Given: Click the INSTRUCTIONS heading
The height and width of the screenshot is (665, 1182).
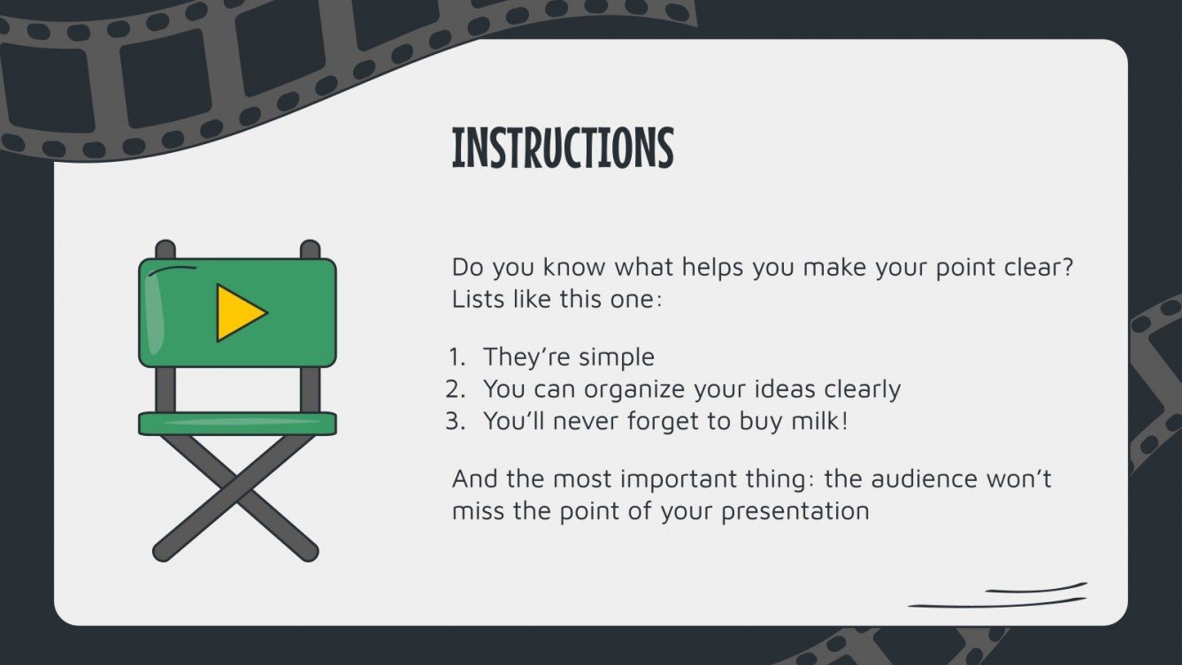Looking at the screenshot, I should (x=563, y=149).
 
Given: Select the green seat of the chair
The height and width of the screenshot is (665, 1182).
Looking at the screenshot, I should (x=237, y=424).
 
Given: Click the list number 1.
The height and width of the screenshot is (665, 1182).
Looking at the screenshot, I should (x=456, y=357).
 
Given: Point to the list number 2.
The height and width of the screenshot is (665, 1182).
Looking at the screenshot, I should (x=455, y=389).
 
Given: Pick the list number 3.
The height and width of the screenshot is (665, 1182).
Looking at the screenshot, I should (x=455, y=421).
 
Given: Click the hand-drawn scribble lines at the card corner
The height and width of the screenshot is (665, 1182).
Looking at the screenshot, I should (x=998, y=596).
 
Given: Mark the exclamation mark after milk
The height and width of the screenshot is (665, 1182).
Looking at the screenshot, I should (x=844, y=421).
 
